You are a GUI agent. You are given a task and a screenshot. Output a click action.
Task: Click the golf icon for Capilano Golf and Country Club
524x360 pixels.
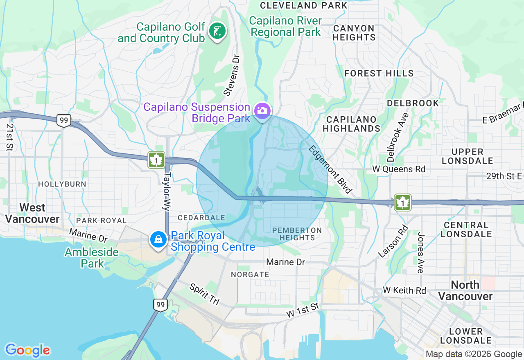click(x=217, y=31)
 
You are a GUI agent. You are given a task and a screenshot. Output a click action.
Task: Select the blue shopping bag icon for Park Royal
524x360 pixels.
click(x=158, y=240)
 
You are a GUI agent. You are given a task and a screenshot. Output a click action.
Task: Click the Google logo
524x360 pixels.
click(x=27, y=350)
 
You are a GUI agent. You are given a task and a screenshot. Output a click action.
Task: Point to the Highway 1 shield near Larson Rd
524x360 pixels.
click(x=403, y=202)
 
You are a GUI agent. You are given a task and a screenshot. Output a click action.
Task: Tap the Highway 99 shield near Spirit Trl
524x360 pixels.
click(x=160, y=304)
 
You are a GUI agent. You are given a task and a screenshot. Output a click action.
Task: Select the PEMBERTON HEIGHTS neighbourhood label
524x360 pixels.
click(x=297, y=234)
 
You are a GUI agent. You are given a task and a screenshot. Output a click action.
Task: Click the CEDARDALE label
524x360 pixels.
click(x=201, y=218)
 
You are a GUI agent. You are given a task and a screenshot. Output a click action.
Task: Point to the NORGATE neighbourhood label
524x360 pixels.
click(x=250, y=274)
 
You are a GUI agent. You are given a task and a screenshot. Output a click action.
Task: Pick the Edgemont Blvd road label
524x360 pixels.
click(x=330, y=169)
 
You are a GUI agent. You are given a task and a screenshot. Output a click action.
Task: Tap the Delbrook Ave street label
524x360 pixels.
click(x=397, y=137)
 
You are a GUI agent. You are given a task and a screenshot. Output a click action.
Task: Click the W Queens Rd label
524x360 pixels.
click(x=399, y=169)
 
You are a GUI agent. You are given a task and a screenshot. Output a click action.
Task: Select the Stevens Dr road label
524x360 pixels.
click(x=231, y=76)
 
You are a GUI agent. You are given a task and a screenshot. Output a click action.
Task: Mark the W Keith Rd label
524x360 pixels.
click(x=404, y=290)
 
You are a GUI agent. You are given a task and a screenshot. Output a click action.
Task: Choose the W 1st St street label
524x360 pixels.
click(x=302, y=310)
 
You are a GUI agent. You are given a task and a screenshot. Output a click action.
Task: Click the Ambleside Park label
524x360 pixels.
click(x=92, y=258)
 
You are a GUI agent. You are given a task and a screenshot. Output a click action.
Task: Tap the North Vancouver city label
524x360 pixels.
click(x=465, y=290)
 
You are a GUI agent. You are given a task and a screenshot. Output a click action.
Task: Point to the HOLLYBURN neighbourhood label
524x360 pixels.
click(x=62, y=184)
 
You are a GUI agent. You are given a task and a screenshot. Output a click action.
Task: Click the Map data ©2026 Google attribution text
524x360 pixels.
click(x=474, y=354)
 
